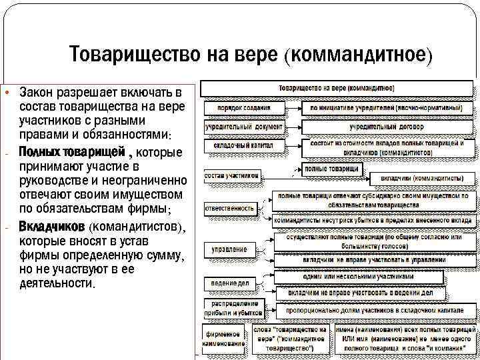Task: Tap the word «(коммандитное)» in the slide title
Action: (x=359, y=54)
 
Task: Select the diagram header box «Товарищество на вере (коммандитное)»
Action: (x=337, y=87)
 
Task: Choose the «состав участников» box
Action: (x=231, y=176)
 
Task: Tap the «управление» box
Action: (x=231, y=249)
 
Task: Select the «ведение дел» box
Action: (x=231, y=283)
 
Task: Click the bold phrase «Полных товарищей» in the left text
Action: (x=72, y=153)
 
